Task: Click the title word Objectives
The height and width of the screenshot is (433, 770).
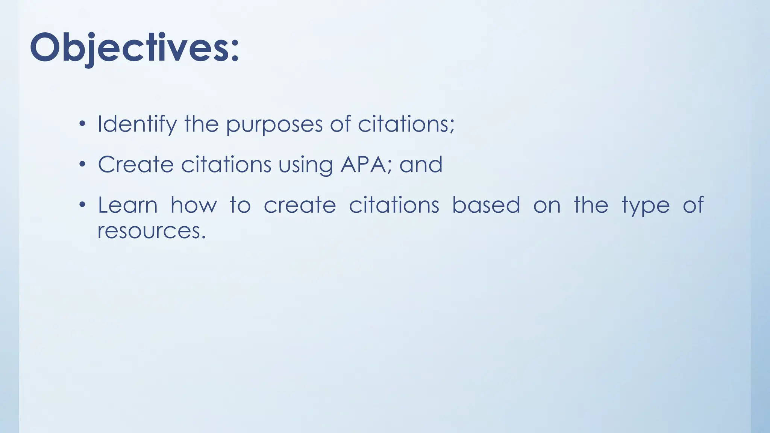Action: tap(134, 48)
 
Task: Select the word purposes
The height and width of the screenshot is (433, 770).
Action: tap(274, 125)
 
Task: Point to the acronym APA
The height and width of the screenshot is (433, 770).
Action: tap(363, 165)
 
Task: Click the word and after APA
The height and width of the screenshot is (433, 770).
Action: tap(421, 165)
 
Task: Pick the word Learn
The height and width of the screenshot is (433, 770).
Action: tap(127, 205)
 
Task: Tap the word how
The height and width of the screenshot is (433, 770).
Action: tap(194, 205)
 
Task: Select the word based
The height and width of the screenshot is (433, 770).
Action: tap(486, 205)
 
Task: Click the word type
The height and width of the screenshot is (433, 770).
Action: tap(646, 206)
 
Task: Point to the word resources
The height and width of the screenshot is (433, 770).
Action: tap(152, 230)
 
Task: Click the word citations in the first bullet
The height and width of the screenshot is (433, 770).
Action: tap(406, 124)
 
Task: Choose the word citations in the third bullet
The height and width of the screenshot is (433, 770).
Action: tap(394, 205)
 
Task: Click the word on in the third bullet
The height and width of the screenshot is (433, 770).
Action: tap(547, 206)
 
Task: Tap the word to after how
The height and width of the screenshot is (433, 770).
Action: tap(240, 205)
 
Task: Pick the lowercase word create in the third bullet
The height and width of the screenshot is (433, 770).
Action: tap(300, 205)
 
